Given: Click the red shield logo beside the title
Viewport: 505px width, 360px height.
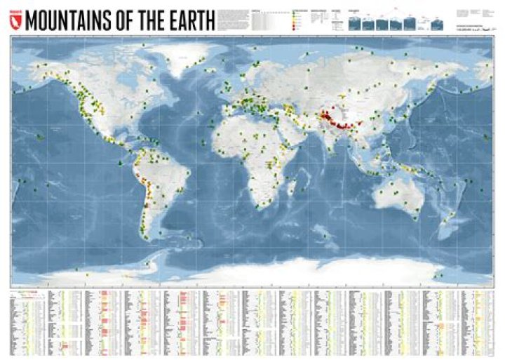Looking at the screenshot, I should (x=18, y=21).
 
